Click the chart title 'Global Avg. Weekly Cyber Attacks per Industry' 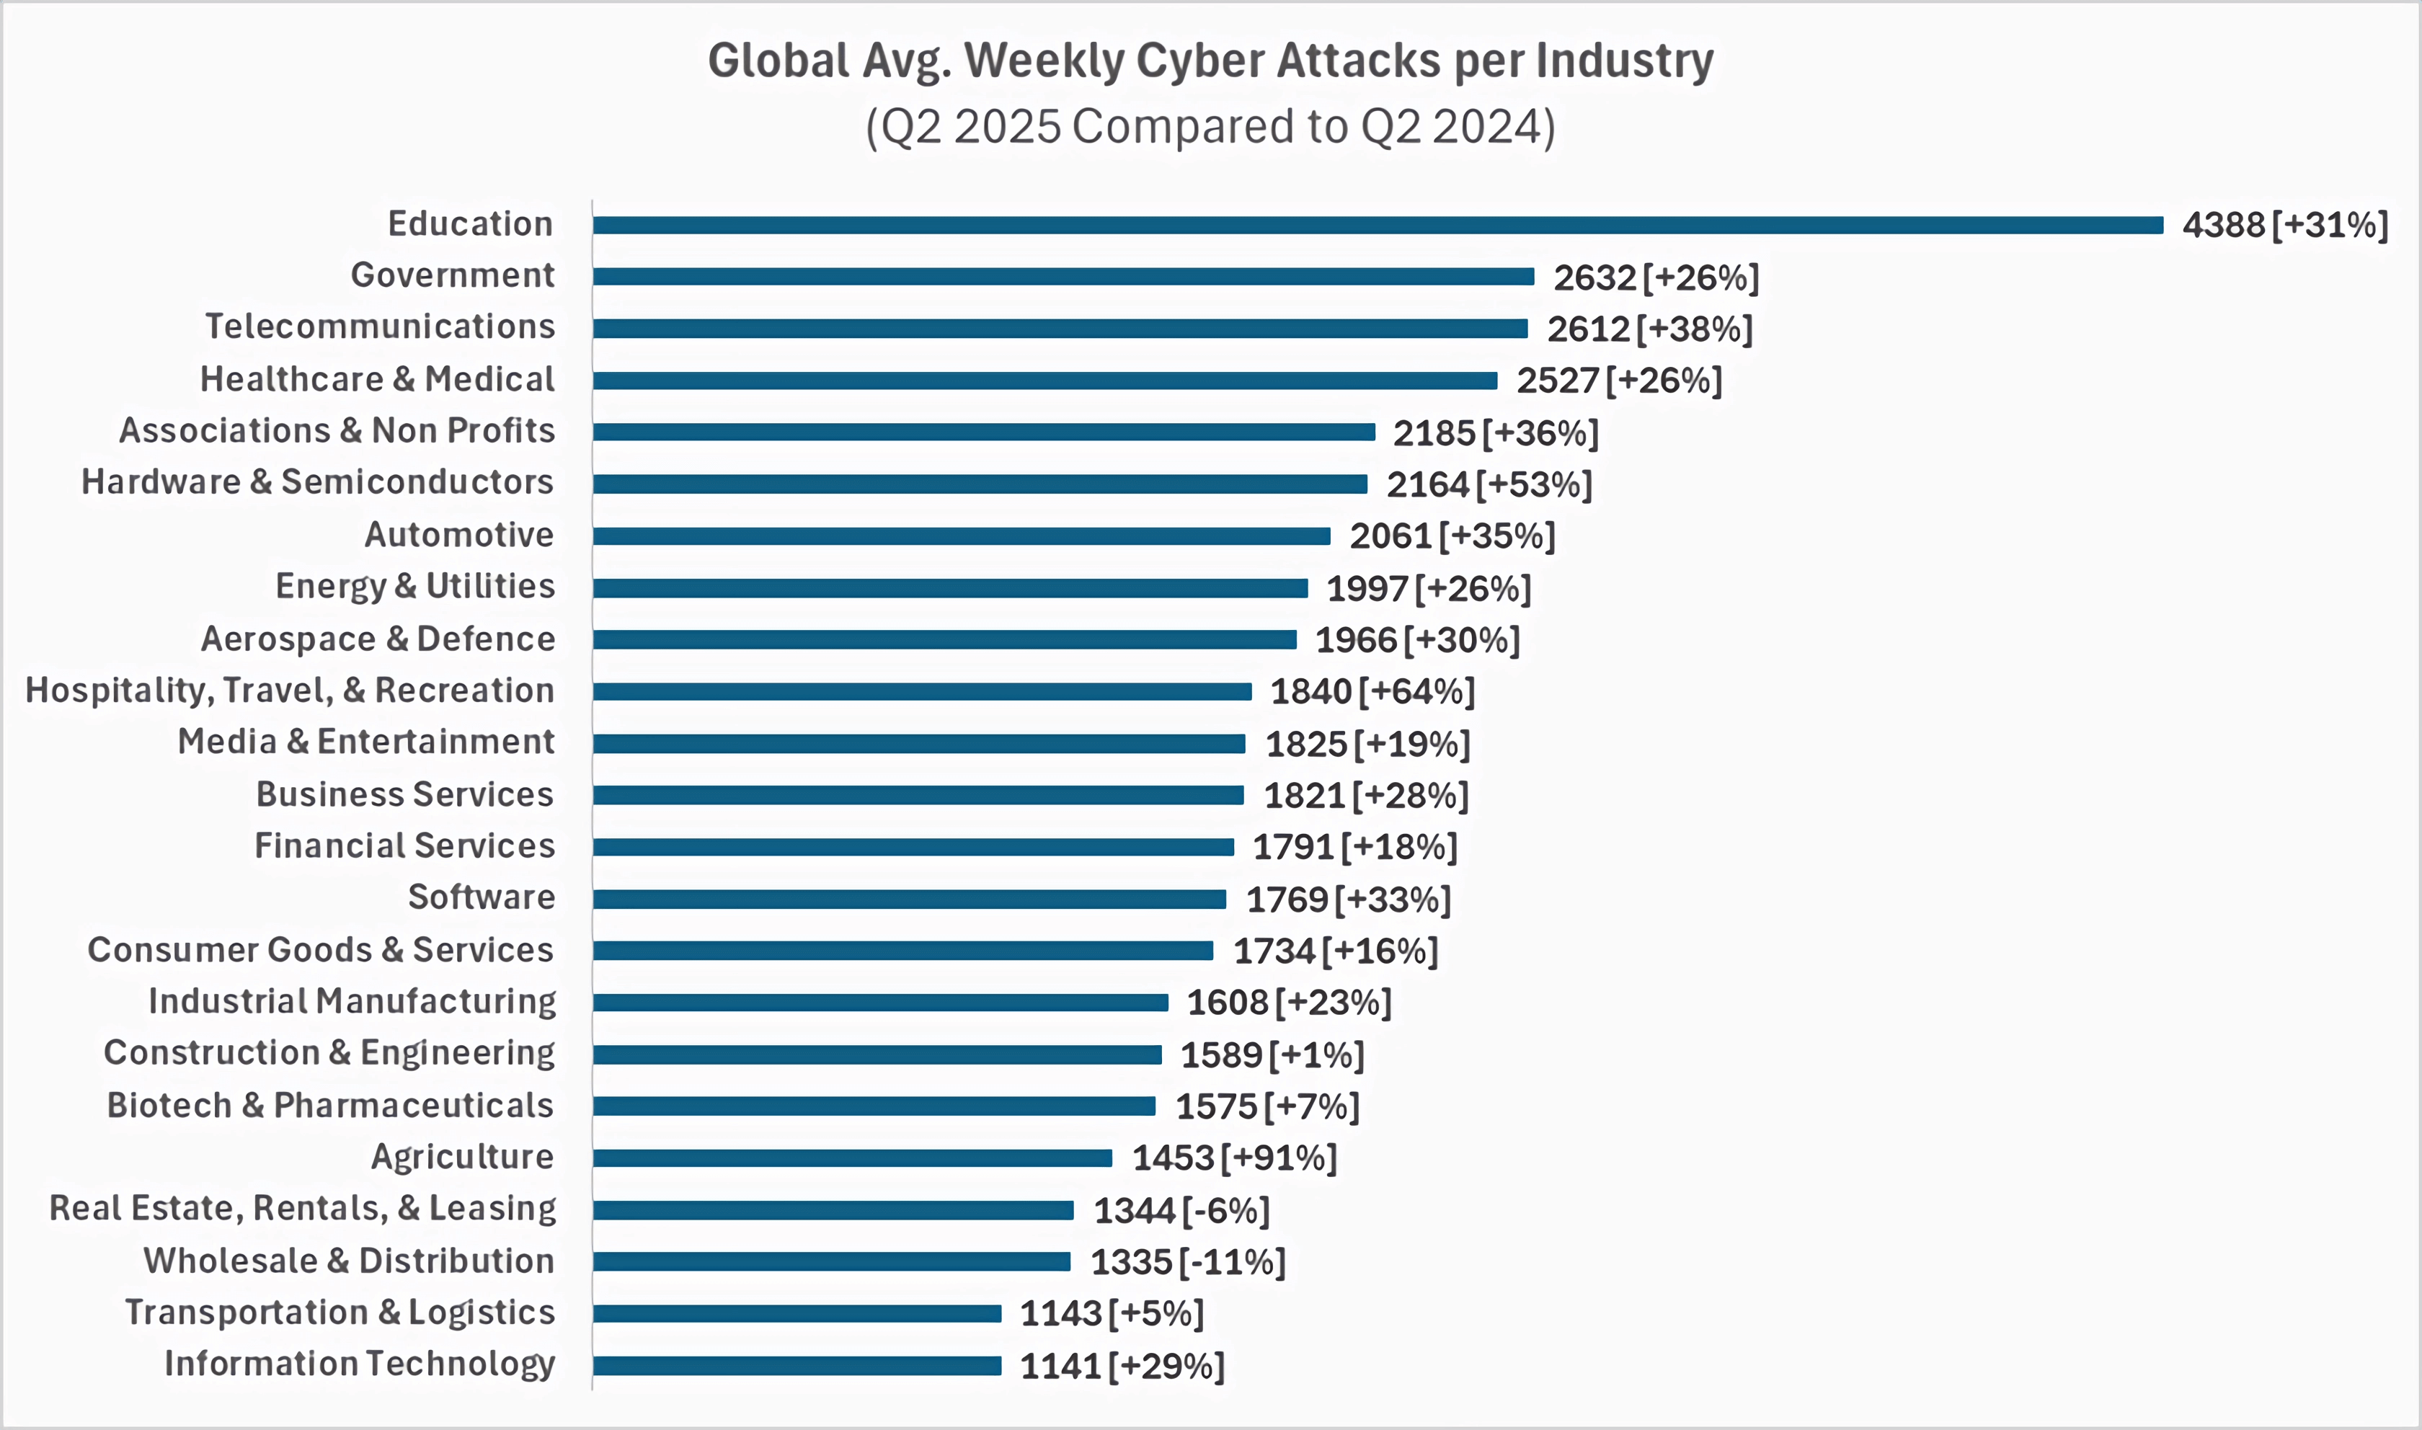pos(1210,60)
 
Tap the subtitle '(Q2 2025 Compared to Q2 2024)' pos(1210,126)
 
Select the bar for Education pos(1378,225)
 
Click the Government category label pos(452,275)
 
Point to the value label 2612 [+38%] pos(1649,329)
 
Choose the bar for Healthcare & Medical pos(1044,381)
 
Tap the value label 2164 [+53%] pos(1489,484)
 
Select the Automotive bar pos(961,536)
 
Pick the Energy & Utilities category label pos(415,586)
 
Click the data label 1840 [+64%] pos(1372,692)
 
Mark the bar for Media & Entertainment pos(918,743)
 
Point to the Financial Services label pos(404,846)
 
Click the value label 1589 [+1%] pos(1272,1055)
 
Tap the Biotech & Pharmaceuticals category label pos(330,1105)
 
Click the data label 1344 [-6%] pos(1181,1210)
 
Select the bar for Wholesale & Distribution pos(830,1261)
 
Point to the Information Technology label pos(360,1364)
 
